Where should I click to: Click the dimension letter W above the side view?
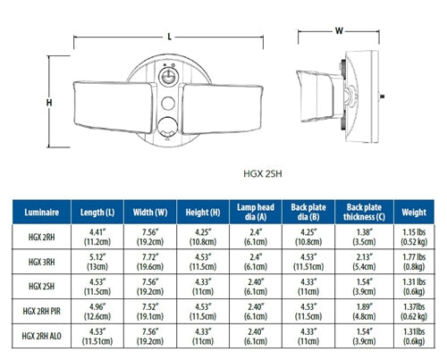339,30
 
